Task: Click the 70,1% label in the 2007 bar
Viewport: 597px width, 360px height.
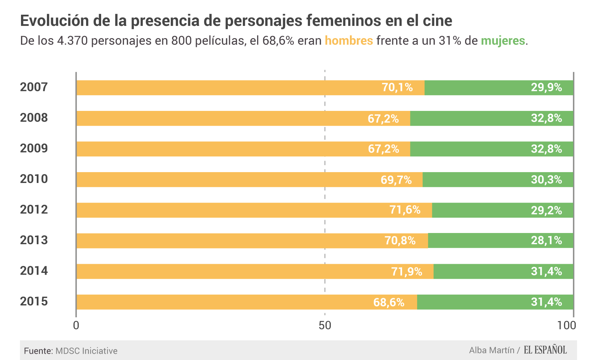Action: coord(397,87)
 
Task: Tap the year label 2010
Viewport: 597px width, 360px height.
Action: coord(34,179)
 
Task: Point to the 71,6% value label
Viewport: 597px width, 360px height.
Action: coord(405,210)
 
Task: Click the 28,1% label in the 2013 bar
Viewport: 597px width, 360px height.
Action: coord(546,241)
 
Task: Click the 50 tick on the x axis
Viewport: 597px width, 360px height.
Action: coord(325,326)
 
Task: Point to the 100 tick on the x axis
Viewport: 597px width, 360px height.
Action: coord(567,326)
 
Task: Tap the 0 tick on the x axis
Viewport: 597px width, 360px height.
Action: coord(76,326)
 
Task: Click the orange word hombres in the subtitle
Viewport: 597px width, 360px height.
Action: coord(349,41)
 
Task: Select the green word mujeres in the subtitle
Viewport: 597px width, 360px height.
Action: coord(503,41)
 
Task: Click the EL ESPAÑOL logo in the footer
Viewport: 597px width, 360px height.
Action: coord(545,350)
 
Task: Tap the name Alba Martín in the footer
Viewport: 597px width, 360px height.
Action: coord(491,350)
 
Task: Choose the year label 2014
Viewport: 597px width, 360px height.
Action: coord(34,271)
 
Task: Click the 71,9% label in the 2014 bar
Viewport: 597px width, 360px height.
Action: coord(407,271)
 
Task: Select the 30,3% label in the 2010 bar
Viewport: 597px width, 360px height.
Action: coord(546,180)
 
